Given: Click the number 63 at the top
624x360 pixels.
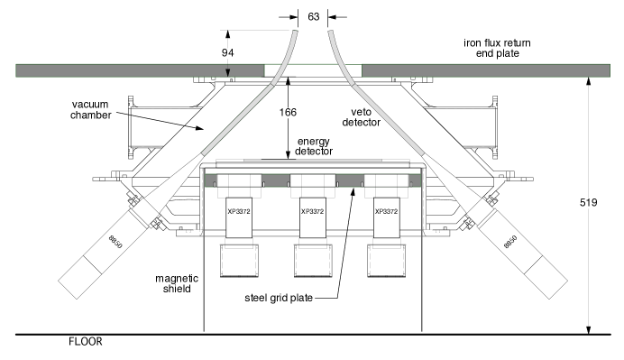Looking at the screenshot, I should pyautogui.click(x=313, y=16).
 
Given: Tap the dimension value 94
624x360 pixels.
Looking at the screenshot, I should pyautogui.click(x=229, y=53).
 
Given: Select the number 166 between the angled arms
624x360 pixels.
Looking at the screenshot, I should pyautogui.click(x=288, y=113).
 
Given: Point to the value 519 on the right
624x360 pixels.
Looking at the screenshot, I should pyautogui.click(x=588, y=203).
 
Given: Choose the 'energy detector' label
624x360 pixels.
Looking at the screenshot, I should pyautogui.click(x=314, y=146).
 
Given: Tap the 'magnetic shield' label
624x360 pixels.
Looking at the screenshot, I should pyautogui.click(x=176, y=284).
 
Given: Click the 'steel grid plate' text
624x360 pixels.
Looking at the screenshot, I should pyautogui.click(x=279, y=298).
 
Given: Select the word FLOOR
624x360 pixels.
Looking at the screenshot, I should pyautogui.click(x=86, y=342).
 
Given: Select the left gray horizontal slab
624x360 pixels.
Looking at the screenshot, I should pyautogui.click(x=139, y=69).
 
